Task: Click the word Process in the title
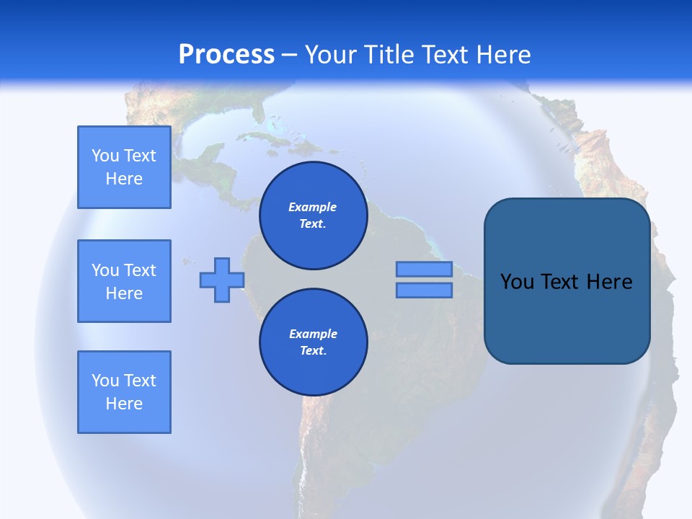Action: (x=226, y=55)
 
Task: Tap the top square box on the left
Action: (x=124, y=167)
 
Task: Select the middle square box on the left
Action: (x=124, y=281)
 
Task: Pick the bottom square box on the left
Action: (x=124, y=392)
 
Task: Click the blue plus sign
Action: (x=221, y=280)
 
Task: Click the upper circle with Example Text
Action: (x=313, y=216)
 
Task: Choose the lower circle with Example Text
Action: (x=313, y=342)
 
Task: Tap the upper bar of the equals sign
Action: (x=424, y=270)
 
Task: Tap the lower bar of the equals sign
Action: (x=424, y=290)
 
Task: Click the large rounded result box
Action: (x=567, y=317)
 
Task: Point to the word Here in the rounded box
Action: (x=609, y=282)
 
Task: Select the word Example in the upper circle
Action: (x=313, y=207)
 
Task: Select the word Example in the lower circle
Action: (x=313, y=334)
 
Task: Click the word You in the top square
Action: (x=105, y=156)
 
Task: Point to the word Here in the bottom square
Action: (x=124, y=404)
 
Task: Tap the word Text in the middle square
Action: (x=140, y=270)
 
